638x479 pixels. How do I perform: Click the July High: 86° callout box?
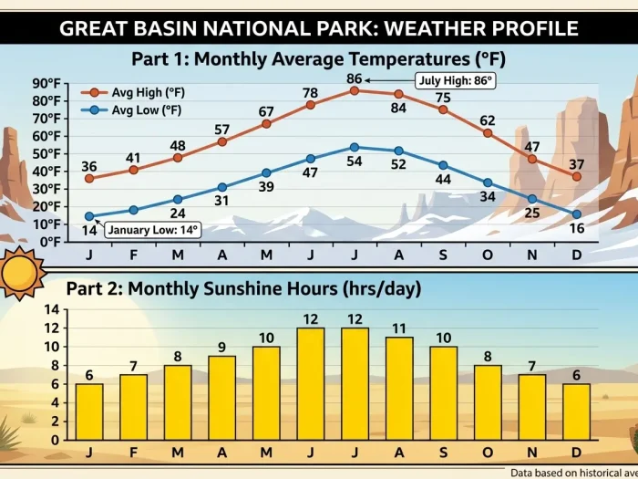[x=454, y=80]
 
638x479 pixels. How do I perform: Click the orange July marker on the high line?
[x=355, y=90]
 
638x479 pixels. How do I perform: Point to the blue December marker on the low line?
[x=577, y=214]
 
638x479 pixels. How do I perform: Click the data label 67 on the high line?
[x=266, y=112]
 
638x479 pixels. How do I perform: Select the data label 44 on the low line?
[x=443, y=179]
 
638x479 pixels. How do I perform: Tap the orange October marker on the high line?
[x=488, y=133]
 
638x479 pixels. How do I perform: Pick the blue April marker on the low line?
[x=221, y=187]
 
